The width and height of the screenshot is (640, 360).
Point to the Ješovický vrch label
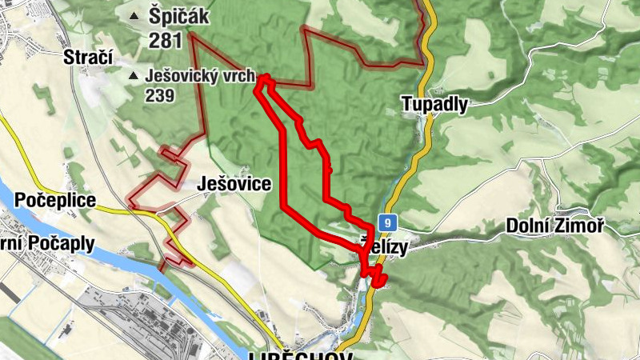point(200,77)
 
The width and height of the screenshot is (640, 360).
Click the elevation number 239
point(159,94)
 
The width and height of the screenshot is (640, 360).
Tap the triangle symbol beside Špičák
point(133,15)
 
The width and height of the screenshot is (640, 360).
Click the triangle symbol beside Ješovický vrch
point(133,77)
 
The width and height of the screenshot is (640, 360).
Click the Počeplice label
point(55,200)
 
